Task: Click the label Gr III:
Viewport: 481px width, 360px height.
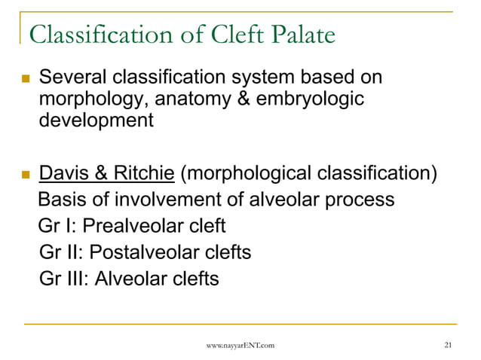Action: click(x=64, y=278)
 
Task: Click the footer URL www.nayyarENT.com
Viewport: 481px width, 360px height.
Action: click(x=240, y=346)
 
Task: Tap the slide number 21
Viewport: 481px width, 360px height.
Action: click(x=449, y=346)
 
